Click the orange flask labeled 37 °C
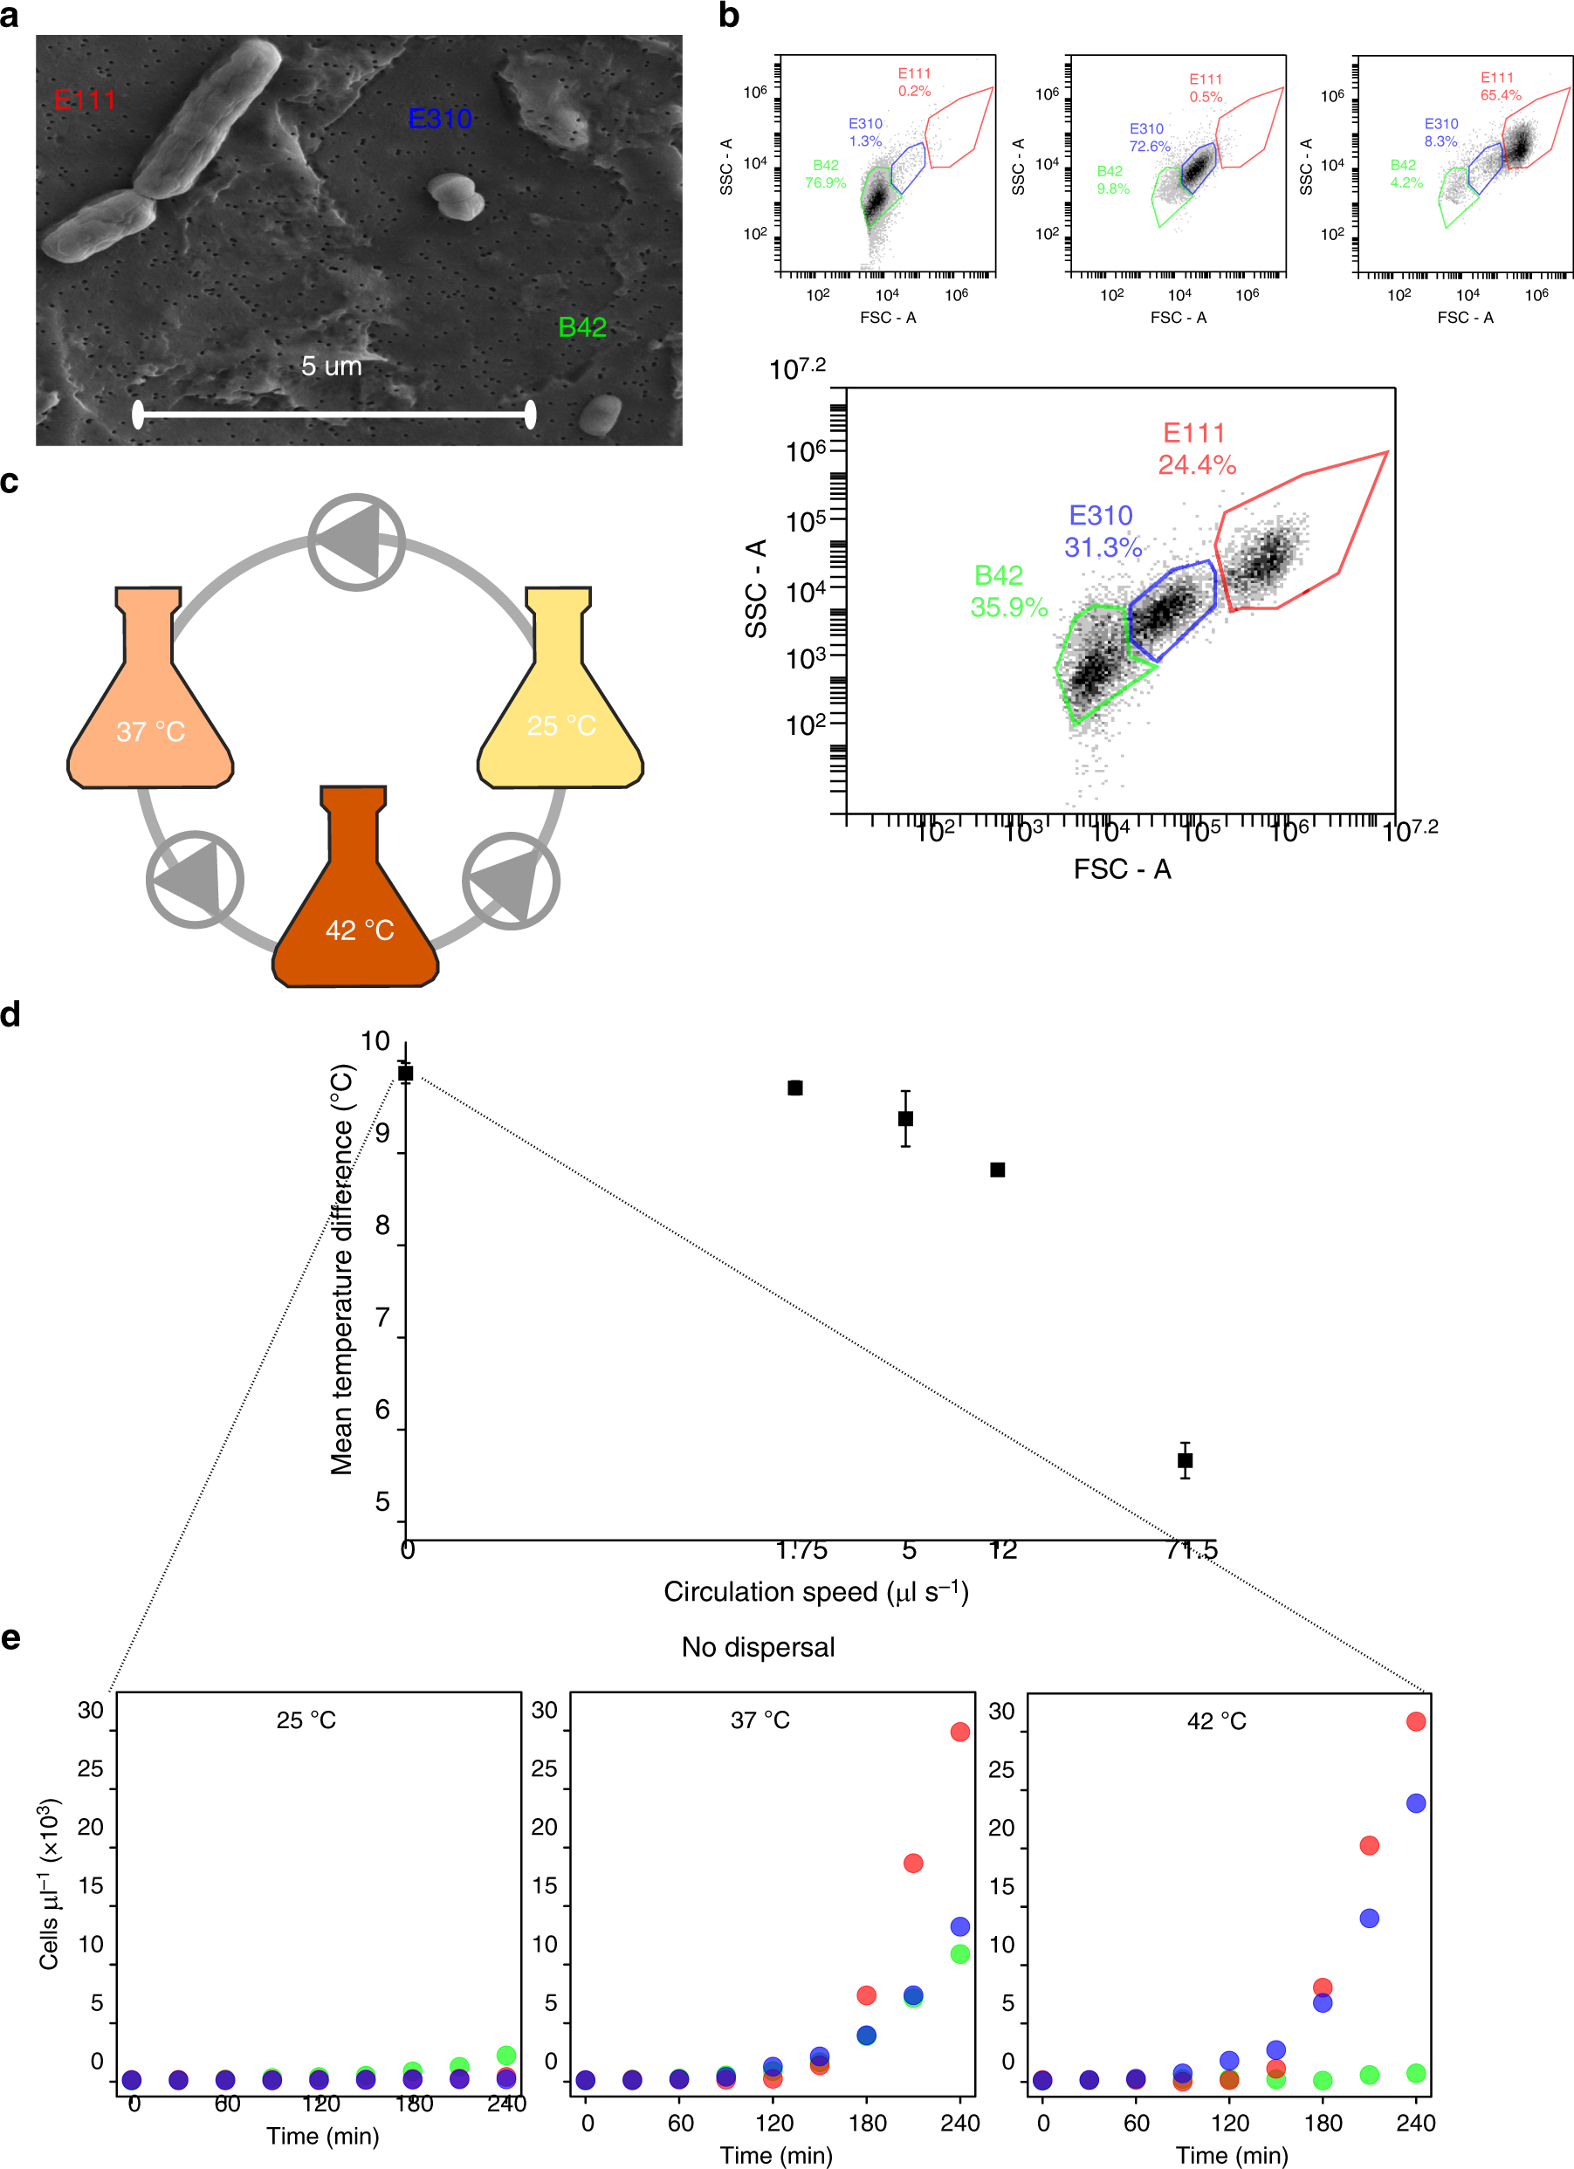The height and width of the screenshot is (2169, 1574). pyautogui.click(x=150, y=708)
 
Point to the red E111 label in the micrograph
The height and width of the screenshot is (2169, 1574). pyautogui.click(x=84, y=100)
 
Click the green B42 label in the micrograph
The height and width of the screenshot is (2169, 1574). pyautogui.click(x=581, y=327)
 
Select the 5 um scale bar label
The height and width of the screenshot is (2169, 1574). pyautogui.click(x=331, y=367)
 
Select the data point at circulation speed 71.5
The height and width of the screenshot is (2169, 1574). pyautogui.click(x=1185, y=1460)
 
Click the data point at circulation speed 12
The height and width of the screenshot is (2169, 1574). pyautogui.click(x=997, y=1170)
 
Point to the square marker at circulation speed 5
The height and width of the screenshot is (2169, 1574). pyautogui.click(x=905, y=1118)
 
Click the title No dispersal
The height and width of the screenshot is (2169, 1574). pyautogui.click(x=758, y=1647)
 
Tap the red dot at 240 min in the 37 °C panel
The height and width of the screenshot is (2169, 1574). pyautogui.click(x=960, y=1732)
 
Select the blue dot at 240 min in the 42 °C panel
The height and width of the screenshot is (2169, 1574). pyautogui.click(x=1416, y=1802)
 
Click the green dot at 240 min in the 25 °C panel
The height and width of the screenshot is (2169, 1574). pyautogui.click(x=507, y=2056)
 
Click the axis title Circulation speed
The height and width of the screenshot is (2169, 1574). pyautogui.click(x=814, y=1592)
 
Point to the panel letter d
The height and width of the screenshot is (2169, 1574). pyautogui.click(x=10, y=1015)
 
